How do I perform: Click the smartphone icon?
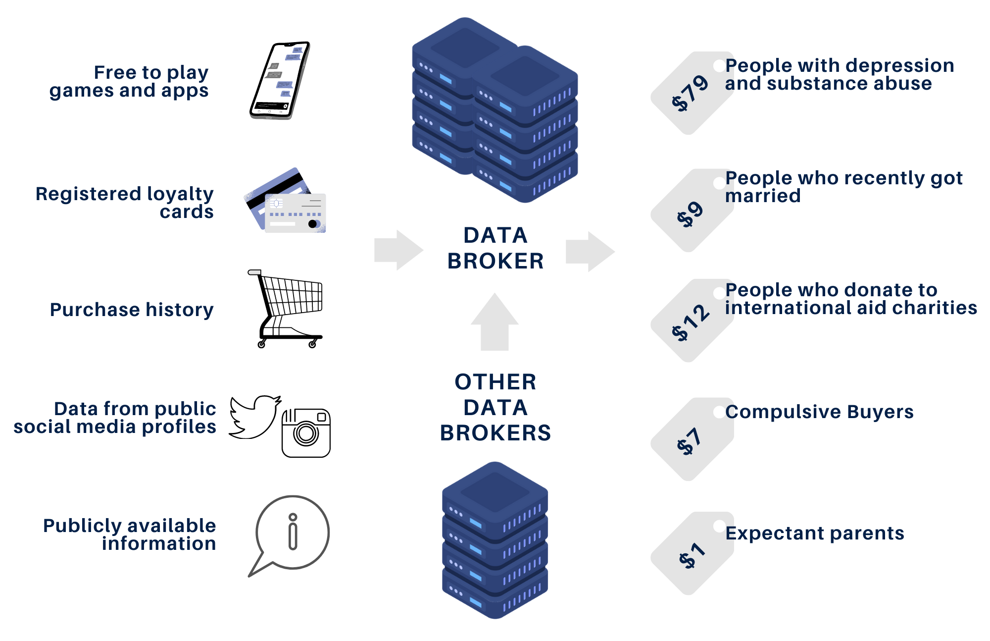(x=280, y=80)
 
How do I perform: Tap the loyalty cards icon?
(x=286, y=202)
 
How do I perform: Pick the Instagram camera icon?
(x=306, y=433)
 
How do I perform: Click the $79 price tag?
(x=692, y=93)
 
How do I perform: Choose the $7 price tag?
(x=692, y=440)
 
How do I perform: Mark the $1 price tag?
(x=692, y=554)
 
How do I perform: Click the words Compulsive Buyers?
(x=819, y=412)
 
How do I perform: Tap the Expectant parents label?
(x=815, y=533)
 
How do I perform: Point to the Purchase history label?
(x=132, y=310)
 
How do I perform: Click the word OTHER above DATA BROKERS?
(x=495, y=382)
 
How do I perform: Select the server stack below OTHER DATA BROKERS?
(x=495, y=540)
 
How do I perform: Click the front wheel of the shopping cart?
(x=312, y=345)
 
